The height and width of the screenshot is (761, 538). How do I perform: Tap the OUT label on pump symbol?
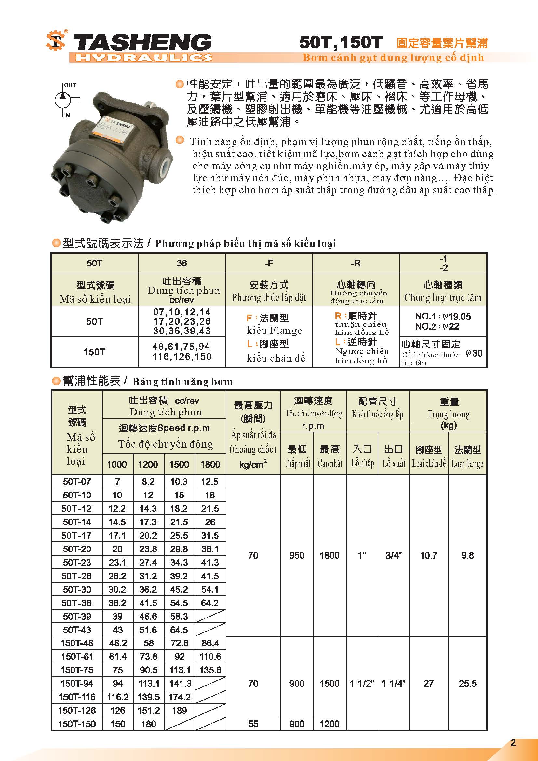coord(70,85)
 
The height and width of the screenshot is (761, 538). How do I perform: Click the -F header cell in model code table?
coord(269,263)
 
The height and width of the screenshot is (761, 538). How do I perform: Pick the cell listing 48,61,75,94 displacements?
coord(181,347)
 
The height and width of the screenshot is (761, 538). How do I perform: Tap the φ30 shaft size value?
coord(474,353)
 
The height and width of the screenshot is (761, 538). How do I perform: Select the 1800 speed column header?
coord(210,464)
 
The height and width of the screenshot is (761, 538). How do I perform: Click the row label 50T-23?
coord(77,562)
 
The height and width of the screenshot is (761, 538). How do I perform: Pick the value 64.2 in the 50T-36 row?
coord(210,603)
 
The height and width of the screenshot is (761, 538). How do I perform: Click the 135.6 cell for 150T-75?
coord(210,670)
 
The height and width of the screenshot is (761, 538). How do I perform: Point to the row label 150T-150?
coord(77,724)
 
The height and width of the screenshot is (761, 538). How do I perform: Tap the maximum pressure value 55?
coord(253,724)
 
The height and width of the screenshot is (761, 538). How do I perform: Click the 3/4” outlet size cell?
coord(394,555)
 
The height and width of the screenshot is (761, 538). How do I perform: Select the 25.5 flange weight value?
coord(467,684)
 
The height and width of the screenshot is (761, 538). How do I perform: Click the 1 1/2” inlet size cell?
coord(362,684)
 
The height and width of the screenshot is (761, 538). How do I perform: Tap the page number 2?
coord(513,743)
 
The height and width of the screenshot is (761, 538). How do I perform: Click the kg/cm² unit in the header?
coord(253,464)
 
